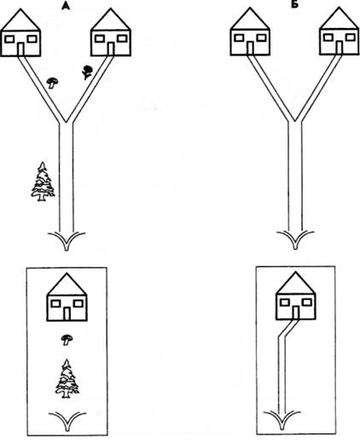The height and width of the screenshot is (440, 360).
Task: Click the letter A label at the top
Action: [66, 6]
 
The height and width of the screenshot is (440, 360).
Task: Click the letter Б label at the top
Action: [295, 5]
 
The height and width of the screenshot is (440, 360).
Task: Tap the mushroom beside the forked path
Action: [52, 83]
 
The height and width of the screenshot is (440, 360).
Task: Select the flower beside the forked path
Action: [87, 72]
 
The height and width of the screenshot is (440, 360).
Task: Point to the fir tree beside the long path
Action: [43, 182]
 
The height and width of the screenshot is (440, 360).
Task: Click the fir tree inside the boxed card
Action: [67, 379]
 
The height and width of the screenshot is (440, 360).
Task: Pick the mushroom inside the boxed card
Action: [67, 340]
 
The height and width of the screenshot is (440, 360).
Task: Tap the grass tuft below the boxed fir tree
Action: [67, 420]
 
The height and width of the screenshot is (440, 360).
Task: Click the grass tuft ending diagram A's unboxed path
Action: [67, 241]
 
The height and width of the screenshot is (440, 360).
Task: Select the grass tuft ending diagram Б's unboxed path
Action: [295, 240]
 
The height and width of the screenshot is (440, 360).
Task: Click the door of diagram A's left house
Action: [20, 49]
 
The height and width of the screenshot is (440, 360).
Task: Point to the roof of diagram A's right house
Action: [111, 20]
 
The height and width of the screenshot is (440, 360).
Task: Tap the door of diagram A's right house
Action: [111, 49]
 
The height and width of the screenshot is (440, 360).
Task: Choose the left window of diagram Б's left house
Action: [239, 38]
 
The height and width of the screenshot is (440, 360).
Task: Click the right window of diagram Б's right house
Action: [351, 37]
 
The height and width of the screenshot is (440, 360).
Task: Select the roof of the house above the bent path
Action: [296, 282]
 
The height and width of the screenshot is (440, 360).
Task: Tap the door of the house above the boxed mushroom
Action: [67, 314]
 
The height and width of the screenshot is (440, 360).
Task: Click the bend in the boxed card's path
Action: [282, 336]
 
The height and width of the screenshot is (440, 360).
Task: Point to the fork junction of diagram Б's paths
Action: [295, 121]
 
